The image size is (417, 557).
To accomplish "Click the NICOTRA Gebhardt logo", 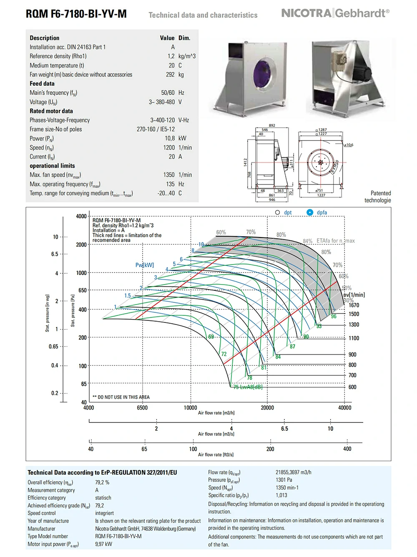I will (335, 13).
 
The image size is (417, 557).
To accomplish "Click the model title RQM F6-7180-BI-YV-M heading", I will (76, 14).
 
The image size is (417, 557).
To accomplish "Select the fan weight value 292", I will (170, 75).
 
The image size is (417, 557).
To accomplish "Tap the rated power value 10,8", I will (170, 138).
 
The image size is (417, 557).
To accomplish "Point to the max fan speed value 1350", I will (169, 175).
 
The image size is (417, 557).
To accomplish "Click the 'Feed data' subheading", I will (42, 84).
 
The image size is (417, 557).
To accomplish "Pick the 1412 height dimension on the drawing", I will (245, 162).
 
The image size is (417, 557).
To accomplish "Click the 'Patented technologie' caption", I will (377, 197).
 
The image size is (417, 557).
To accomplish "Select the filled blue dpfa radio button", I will (310, 212).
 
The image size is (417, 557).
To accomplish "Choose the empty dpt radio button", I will (278, 212).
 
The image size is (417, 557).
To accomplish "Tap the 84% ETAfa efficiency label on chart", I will (308, 241).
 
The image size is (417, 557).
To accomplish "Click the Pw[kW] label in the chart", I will (145, 265).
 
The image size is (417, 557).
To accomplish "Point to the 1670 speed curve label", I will (354, 305).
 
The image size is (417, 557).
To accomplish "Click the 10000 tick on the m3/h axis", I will (190, 408).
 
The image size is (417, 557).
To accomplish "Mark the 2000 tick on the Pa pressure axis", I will (81, 245).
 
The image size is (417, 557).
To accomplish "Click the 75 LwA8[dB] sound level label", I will (248, 387).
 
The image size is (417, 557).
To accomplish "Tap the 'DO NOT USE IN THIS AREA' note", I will (121, 397).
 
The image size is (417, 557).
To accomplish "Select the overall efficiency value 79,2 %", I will (102, 482).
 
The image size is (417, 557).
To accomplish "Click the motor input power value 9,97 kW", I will (103, 544).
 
